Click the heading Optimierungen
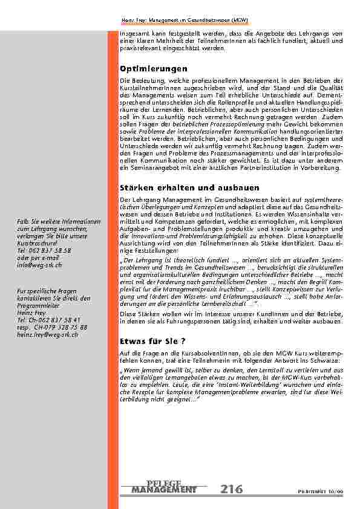[154, 69]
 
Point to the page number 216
[231, 488]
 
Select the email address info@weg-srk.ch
[39, 265]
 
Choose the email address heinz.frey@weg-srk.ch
[48, 334]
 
